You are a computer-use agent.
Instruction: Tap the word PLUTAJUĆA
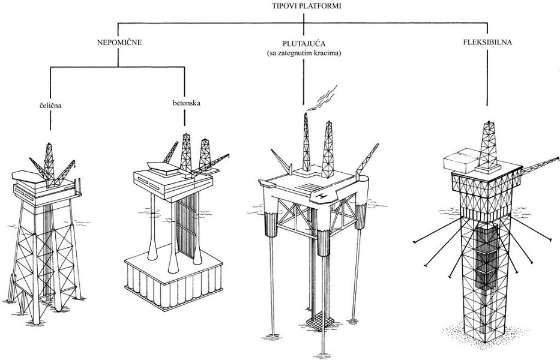tap(304, 44)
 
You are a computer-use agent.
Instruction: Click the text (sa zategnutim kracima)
tap(305, 53)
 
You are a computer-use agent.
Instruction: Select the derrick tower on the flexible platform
tap(490, 141)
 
